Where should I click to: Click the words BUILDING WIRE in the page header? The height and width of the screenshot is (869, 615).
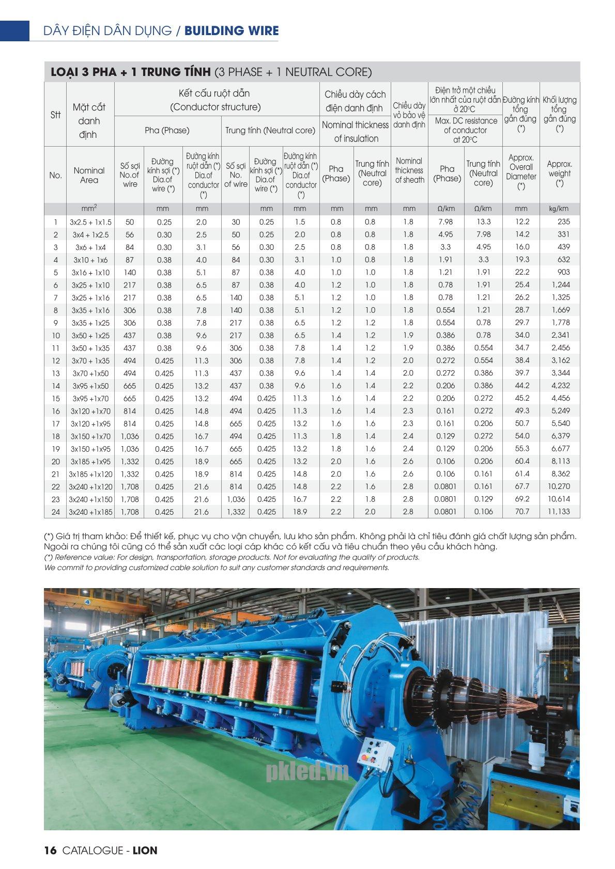(231, 31)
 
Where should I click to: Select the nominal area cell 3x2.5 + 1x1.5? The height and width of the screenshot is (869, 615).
(90, 222)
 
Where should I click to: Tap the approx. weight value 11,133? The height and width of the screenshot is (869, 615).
(559, 511)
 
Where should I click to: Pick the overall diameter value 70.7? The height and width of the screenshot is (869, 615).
(521, 511)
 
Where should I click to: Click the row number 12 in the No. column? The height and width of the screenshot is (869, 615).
(55, 361)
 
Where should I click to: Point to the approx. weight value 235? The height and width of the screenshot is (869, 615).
(563, 222)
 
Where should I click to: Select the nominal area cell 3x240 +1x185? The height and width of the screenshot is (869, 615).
(90, 512)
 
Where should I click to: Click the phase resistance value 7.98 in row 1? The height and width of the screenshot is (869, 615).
(445, 222)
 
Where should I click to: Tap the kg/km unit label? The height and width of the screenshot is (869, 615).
(559, 209)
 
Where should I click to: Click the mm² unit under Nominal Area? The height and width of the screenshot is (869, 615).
(90, 209)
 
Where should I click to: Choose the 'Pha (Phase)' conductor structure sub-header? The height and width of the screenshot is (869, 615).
(167, 130)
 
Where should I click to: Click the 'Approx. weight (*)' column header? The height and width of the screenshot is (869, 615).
(559, 173)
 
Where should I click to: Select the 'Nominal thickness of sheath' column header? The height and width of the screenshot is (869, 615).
(409, 170)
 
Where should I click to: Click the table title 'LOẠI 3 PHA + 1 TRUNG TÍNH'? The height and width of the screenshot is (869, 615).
(130, 72)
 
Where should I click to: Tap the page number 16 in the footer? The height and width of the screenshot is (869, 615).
(50, 850)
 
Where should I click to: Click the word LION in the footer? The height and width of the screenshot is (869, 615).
(145, 850)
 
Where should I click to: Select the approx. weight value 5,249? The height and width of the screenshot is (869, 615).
(560, 410)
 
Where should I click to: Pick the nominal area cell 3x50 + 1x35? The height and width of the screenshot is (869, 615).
(90, 348)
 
